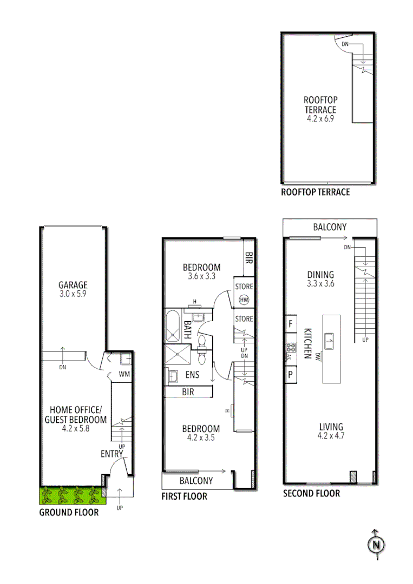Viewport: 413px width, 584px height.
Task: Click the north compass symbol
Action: pos(376,545)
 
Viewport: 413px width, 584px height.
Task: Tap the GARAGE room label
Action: pos(73,285)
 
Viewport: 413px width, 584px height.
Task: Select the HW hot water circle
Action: pos(244,300)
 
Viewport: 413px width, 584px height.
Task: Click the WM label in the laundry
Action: pos(124,374)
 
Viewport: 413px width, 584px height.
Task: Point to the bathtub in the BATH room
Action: pos(174,327)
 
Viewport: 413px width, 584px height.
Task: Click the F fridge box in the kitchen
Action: pos(291,324)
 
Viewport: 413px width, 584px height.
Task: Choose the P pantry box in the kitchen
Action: pos(290,374)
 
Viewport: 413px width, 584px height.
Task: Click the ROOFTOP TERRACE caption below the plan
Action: pos(315,192)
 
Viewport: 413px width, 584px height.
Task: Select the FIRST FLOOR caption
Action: pos(184,496)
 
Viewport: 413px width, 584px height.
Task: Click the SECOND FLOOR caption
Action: pos(311,493)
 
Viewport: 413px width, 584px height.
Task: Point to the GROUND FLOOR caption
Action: pos(69,512)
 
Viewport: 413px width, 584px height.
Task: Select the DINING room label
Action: pos(320,275)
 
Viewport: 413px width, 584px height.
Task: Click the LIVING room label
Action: pos(330,427)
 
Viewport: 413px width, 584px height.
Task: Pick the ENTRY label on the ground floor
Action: pos(112,454)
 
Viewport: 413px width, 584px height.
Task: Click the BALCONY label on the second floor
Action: pos(330,227)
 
